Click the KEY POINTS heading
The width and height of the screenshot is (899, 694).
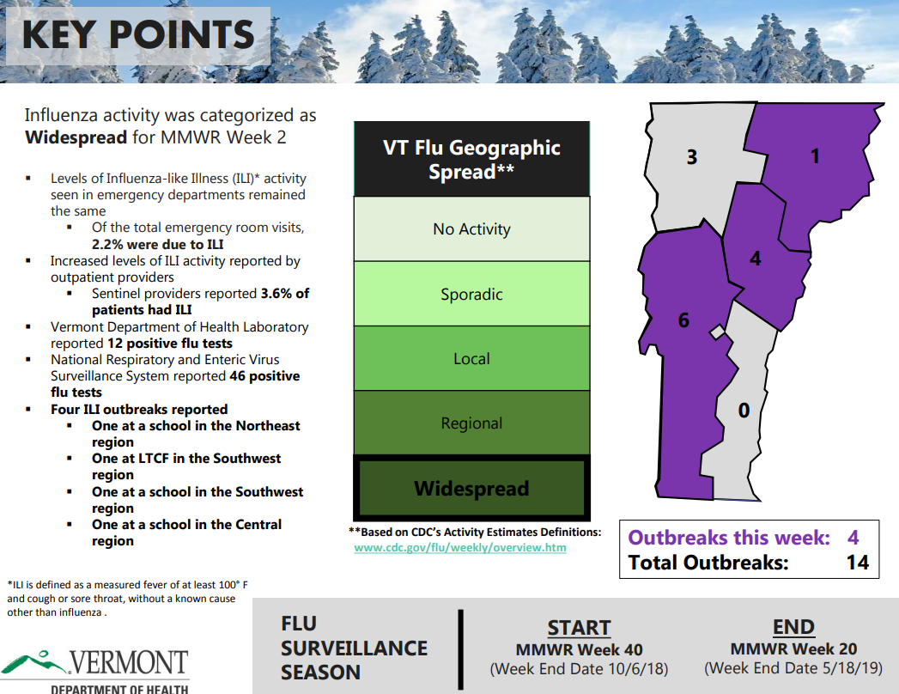coord(137,35)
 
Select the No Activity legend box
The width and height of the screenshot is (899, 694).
coord(471,229)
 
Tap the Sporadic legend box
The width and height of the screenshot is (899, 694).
coord(471,294)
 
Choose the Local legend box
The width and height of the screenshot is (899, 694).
coord(471,358)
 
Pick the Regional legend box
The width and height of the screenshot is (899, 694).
coord(471,423)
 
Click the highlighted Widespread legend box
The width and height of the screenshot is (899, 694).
coord(471,489)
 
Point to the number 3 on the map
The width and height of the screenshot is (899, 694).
coord(691,157)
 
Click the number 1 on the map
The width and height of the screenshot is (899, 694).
coord(815,155)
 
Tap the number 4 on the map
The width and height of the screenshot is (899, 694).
coord(755,258)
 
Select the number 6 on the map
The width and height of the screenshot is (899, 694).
coord(683,320)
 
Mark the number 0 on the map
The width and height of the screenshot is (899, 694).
coord(744,411)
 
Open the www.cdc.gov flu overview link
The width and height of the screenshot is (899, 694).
coord(460,547)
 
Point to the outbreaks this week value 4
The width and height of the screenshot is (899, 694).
coord(853,538)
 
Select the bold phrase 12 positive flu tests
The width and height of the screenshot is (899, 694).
coord(170,343)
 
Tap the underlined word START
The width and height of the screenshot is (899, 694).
coord(579,628)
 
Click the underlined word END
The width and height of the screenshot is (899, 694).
coord(793,627)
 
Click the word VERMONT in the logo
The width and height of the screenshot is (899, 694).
coord(128,663)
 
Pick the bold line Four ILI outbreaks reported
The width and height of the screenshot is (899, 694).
coord(139,409)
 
